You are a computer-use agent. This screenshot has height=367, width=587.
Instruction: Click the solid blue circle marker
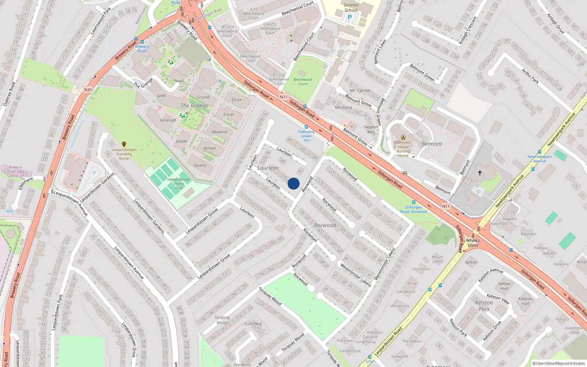click(x=293, y=183)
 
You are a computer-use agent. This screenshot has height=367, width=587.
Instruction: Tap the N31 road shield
click(x=88, y=90)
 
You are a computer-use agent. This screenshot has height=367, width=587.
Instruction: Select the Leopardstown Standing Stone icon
click(x=124, y=144)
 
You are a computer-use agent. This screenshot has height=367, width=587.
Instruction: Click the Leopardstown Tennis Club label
click(x=179, y=183)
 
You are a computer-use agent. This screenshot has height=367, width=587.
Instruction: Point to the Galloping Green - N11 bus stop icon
click(x=306, y=127)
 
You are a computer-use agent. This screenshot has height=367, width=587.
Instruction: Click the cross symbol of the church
click(x=480, y=172)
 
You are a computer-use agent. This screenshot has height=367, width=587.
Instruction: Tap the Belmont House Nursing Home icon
click(x=403, y=138)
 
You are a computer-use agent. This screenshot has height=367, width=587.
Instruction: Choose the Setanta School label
click(x=351, y=8)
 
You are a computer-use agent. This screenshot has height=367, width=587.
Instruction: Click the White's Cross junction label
click(x=473, y=243)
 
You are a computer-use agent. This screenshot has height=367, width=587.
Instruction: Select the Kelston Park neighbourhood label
click(x=484, y=306)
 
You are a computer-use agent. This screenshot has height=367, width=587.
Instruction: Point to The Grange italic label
click(x=194, y=106)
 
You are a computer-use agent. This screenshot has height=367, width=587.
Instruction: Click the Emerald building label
click(x=168, y=120)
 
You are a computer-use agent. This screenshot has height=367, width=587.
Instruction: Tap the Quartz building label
click(x=200, y=165)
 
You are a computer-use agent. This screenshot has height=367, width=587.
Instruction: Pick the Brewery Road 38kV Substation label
click(x=15, y=171)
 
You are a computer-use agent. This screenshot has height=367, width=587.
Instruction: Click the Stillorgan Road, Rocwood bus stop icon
click(x=413, y=202)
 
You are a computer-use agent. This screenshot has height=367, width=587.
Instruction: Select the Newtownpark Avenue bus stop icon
click(x=539, y=152)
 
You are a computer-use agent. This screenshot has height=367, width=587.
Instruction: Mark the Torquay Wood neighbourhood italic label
click(x=222, y=320)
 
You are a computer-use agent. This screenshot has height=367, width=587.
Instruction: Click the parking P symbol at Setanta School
click(x=349, y=17)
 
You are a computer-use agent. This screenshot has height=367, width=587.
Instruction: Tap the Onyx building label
click(x=236, y=100)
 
